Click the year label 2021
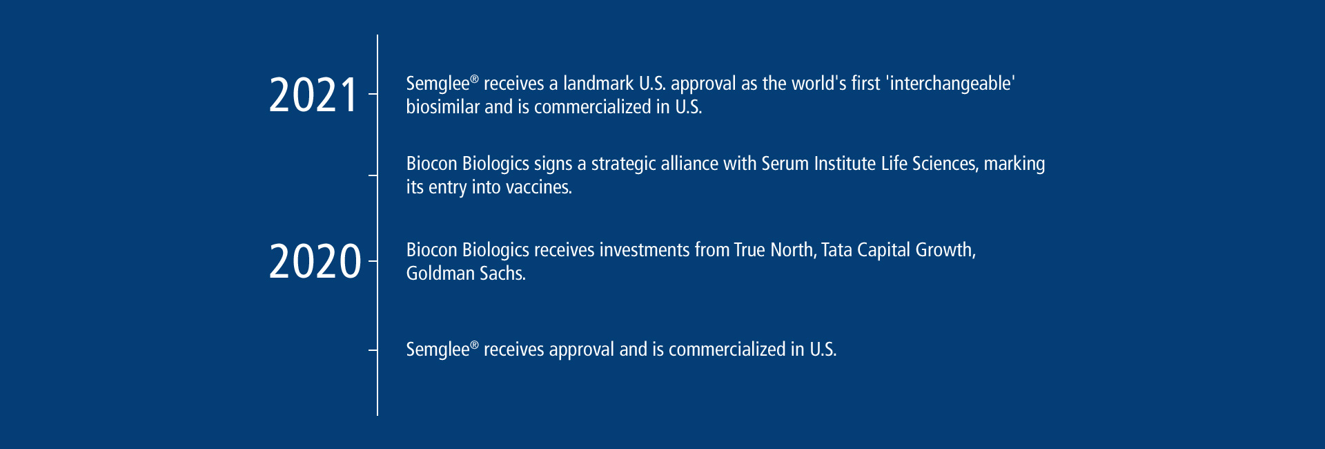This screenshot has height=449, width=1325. point(313,95)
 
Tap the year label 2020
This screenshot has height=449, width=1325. point(315,262)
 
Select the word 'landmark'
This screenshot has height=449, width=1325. point(598,84)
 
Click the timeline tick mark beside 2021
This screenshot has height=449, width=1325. point(373,94)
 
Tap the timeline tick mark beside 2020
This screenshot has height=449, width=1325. point(373,261)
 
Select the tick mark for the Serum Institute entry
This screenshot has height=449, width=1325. point(373,175)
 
